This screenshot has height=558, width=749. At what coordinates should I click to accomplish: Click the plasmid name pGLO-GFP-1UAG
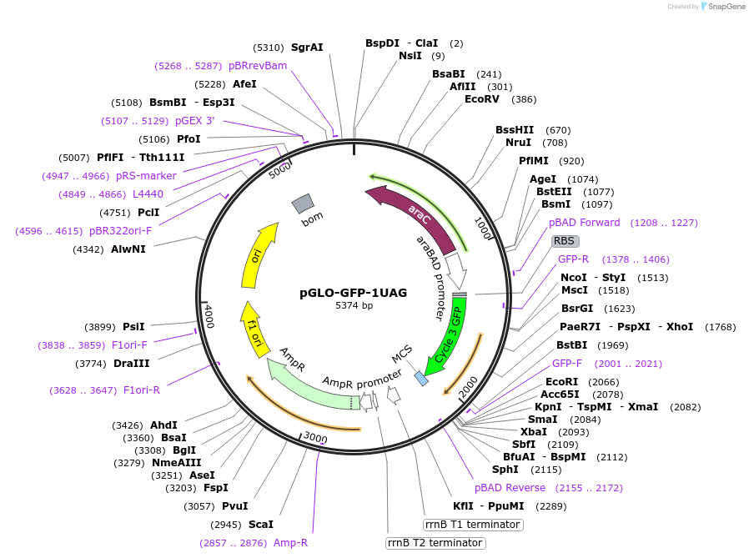[x=354, y=293]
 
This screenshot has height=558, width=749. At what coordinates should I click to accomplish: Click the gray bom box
[x=302, y=203]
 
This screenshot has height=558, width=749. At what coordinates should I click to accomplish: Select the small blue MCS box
[x=421, y=378]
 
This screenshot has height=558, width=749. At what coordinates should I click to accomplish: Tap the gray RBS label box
[x=564, y=241]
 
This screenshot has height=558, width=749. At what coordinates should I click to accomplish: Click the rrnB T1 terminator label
[x=473, y=525]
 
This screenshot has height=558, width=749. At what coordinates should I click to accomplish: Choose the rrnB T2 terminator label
[x=435, y=543]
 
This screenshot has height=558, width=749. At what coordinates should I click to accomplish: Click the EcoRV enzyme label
[x=482, y=99]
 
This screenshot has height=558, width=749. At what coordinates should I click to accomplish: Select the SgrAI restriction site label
[x=306, y=48]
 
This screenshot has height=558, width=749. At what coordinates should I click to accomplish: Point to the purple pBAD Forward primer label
[x=584, y=223]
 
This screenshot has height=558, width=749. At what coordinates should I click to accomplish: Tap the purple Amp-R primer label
[x=290, y=543]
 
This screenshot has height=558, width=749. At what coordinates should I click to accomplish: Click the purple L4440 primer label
[x=148, y=194]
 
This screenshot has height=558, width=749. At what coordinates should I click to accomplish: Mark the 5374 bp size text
[x=354, y=306]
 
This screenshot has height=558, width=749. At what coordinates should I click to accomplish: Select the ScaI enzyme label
[x=261, y=525]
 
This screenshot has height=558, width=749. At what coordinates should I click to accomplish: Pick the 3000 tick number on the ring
[x=315, y=437]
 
